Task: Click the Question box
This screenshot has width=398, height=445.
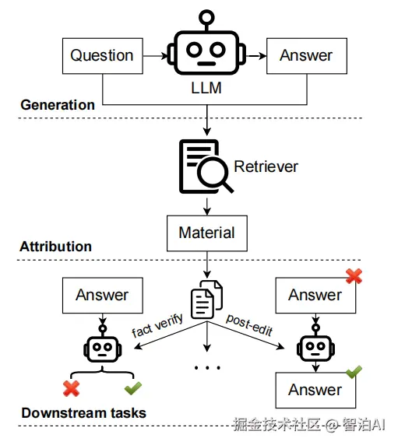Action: pyautogui.click(x=103, y=56)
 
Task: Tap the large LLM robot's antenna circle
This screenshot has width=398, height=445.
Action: pyautogui.click(x=206, y=17)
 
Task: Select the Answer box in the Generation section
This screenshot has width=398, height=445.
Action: pyautogui.click(x=307, y=56)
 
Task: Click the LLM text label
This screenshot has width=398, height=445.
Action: pyautogui.click(x=206, y=88)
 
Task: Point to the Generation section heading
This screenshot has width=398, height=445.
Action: pyautogui.click(x=58, y=105)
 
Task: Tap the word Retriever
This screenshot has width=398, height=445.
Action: pyautogui.click(x=266, y=166)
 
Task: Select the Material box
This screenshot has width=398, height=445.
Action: pyautogui.click(x=207, y=233)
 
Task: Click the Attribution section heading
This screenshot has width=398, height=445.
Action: pyautogui.click(x=55, y=247)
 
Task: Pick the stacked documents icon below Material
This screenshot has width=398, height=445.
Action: pyautogui.click(x=207, y=300)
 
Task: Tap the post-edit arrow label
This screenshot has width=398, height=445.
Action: pyautogui.click(x=249, y=325)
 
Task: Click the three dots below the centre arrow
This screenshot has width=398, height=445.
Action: pyautogui.click(x=207, y=368)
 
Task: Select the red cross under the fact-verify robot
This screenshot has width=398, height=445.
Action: pyautogui.click(x=72, y=388)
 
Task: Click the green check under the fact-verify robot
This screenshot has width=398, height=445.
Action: pyautogui.click(x=133, y=388)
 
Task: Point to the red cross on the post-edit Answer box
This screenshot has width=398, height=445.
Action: pyautogui.click(x=354, y=276)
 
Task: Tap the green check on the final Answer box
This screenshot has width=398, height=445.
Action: pyautogui.click(x=354, y=372)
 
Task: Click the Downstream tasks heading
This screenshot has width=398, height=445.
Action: pyautogui.click(x=84, y=413)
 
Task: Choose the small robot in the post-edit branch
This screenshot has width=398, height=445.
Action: pyautogui.click(x=315, y=343)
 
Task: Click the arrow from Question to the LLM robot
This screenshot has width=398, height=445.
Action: pyautogui.click(x=156, y=56)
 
